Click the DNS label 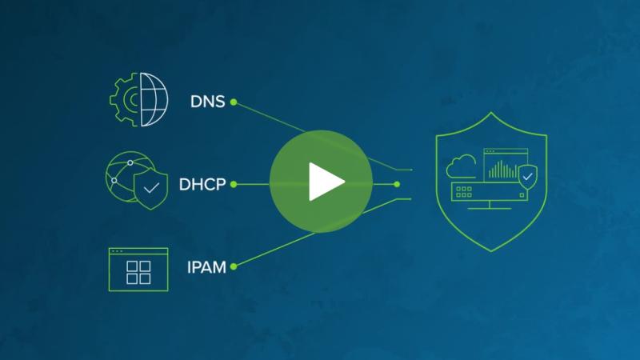click(x=208, y=102)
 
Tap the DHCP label click(x=202, y=185)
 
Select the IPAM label click(x=206, y=267)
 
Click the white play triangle click(x=326, y=182)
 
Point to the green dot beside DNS click(x=234, y=102)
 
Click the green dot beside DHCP click(x=234, y=185)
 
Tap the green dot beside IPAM click(x=234, y=266)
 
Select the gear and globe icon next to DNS click(x=138, y=99)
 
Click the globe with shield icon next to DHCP click(x=137, y=180)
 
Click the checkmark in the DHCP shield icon click(x=151, y=188)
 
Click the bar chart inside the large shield click(x=503, y=170)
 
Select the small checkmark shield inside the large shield click(x=527, y=177)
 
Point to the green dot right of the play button click(x=397, y=185)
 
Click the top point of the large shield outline click(x=491, y=112)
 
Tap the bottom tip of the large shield click(x=491, y=251)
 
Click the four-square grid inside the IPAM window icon click(x=138, y=273)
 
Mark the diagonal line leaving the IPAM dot click(x=275, y=250)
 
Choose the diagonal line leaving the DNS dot click(x=270, y=117)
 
